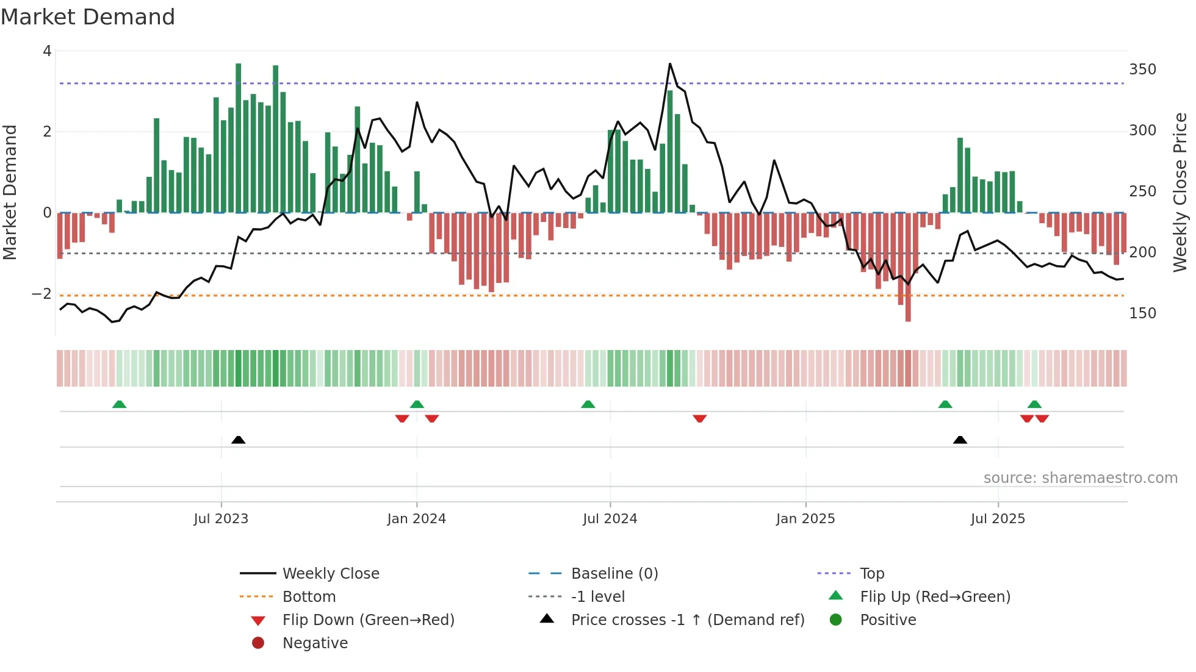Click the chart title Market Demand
coord(88,17)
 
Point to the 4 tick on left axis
coord(47,51)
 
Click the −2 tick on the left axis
coord(42,294)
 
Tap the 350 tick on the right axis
coord(1142,70)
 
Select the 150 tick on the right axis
coord(1142,313)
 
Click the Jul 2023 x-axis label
coord(221,519)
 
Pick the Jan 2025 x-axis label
coord(805,519)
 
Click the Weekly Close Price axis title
coord(1180,192)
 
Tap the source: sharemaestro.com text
coord(1080,478)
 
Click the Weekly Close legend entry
coord(330,574)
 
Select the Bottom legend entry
coord(309,597)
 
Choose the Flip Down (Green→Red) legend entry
coord(368,620)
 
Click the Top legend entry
coord(872,574)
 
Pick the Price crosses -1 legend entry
coord(687,620)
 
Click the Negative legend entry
coord(315,643)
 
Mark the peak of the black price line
coord(669,63)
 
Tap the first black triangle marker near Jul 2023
coord(239,440)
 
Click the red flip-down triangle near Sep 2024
coord(700,418)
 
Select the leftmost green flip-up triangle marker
coord(120,404)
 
